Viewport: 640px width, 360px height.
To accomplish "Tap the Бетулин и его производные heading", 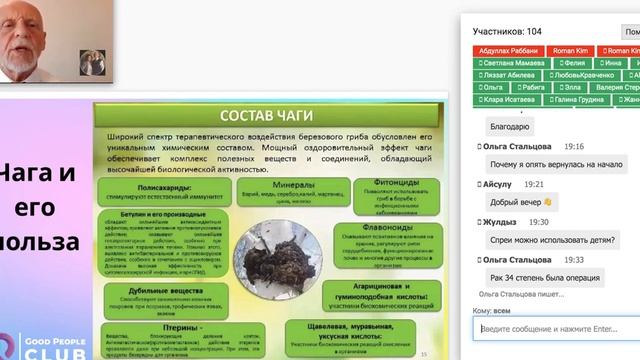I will (x=158, y=214).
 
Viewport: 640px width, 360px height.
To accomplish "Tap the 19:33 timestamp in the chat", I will (x=573, y=259).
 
